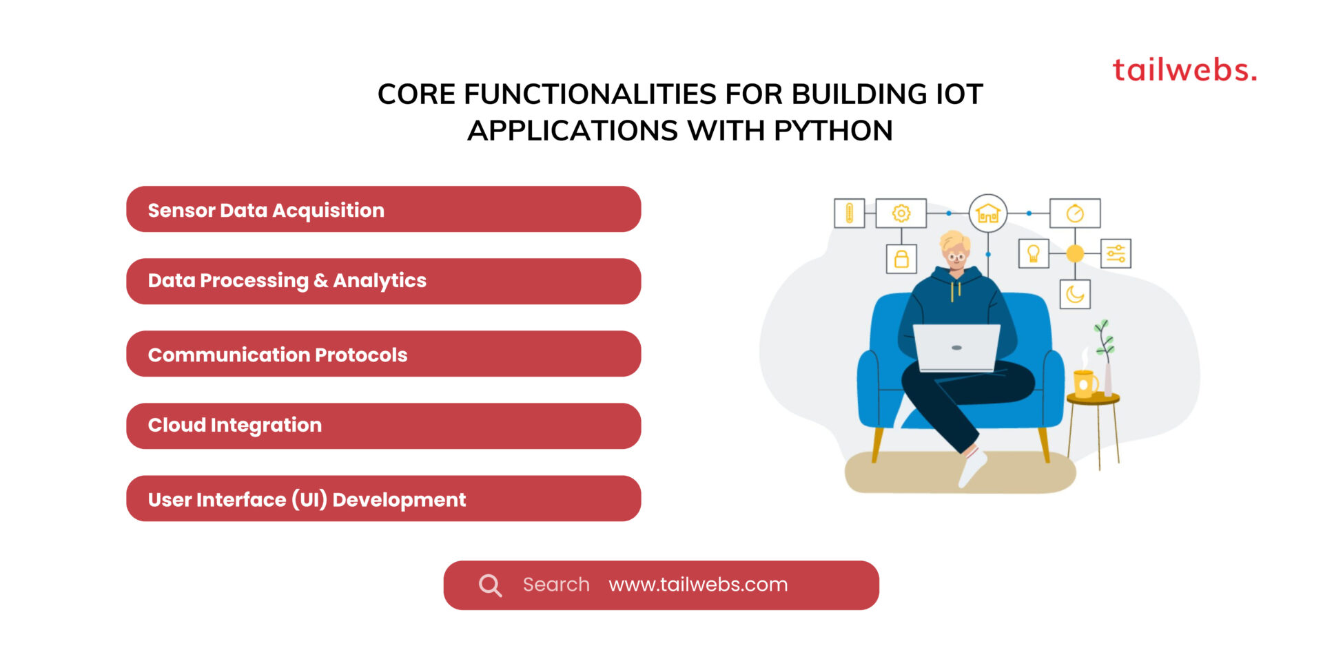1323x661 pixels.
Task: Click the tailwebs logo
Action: click(x=1184, y=70)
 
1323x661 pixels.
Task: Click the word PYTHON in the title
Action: click(x=833, y=131)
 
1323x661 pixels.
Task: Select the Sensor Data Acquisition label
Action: click(x=266, y=211)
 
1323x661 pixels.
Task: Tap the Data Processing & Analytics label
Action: click(x=287, y=281)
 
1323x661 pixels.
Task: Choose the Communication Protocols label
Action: click(x=278, y=355)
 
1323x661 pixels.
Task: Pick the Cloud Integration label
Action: click(x=235, y=426)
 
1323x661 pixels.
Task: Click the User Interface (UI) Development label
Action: click(x=307, y=500)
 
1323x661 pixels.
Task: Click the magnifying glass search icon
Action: click(x=490, y=585)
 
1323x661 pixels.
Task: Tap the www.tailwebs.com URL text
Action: click(x=698, y=585)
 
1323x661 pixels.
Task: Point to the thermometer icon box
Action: click(x=849, y=213)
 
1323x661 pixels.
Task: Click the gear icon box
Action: click(x=901, y=213)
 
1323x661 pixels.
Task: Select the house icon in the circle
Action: click(x=988, y=213)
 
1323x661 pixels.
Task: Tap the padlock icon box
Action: click(x=901, y=259)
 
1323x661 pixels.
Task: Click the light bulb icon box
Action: click(x=1034, y=253)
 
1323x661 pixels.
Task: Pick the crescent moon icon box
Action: click(x=1075, y=294)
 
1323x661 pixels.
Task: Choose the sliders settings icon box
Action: click(x=1116, y=253)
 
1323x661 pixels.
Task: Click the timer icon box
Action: click(x=1075, y=213)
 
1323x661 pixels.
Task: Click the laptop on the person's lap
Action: click(x=956, y=348)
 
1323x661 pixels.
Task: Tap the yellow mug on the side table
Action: click(x=1085, y=384)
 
